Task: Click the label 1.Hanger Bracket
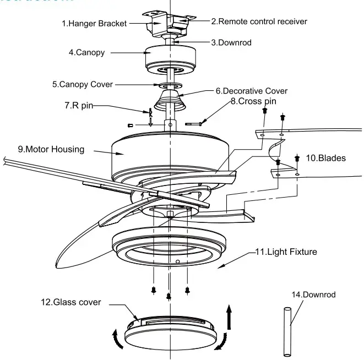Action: coord(94,24)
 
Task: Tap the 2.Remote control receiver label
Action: coord(259,21)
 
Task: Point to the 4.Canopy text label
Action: coord(86,53)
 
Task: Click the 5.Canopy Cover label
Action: coord(83,85)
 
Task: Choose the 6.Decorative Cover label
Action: coord(251,91)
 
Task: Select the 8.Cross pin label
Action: coord(253,101)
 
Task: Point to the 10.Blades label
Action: coord(325,158)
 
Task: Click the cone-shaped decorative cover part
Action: coord(169,100)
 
